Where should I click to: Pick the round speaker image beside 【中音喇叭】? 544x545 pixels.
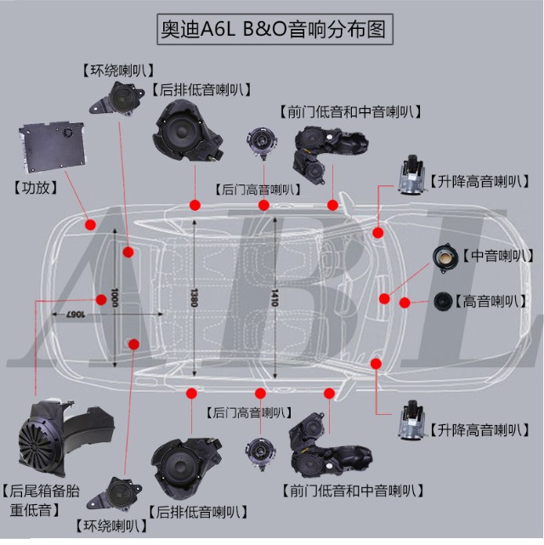445,257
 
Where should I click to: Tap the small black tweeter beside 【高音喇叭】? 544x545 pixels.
443,302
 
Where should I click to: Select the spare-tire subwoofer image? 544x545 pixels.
63,434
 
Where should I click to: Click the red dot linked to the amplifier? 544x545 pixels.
90,224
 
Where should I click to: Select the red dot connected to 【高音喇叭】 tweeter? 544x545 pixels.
405,302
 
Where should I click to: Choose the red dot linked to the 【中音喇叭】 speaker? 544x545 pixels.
384,298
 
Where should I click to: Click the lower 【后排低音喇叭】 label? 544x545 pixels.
198,512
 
